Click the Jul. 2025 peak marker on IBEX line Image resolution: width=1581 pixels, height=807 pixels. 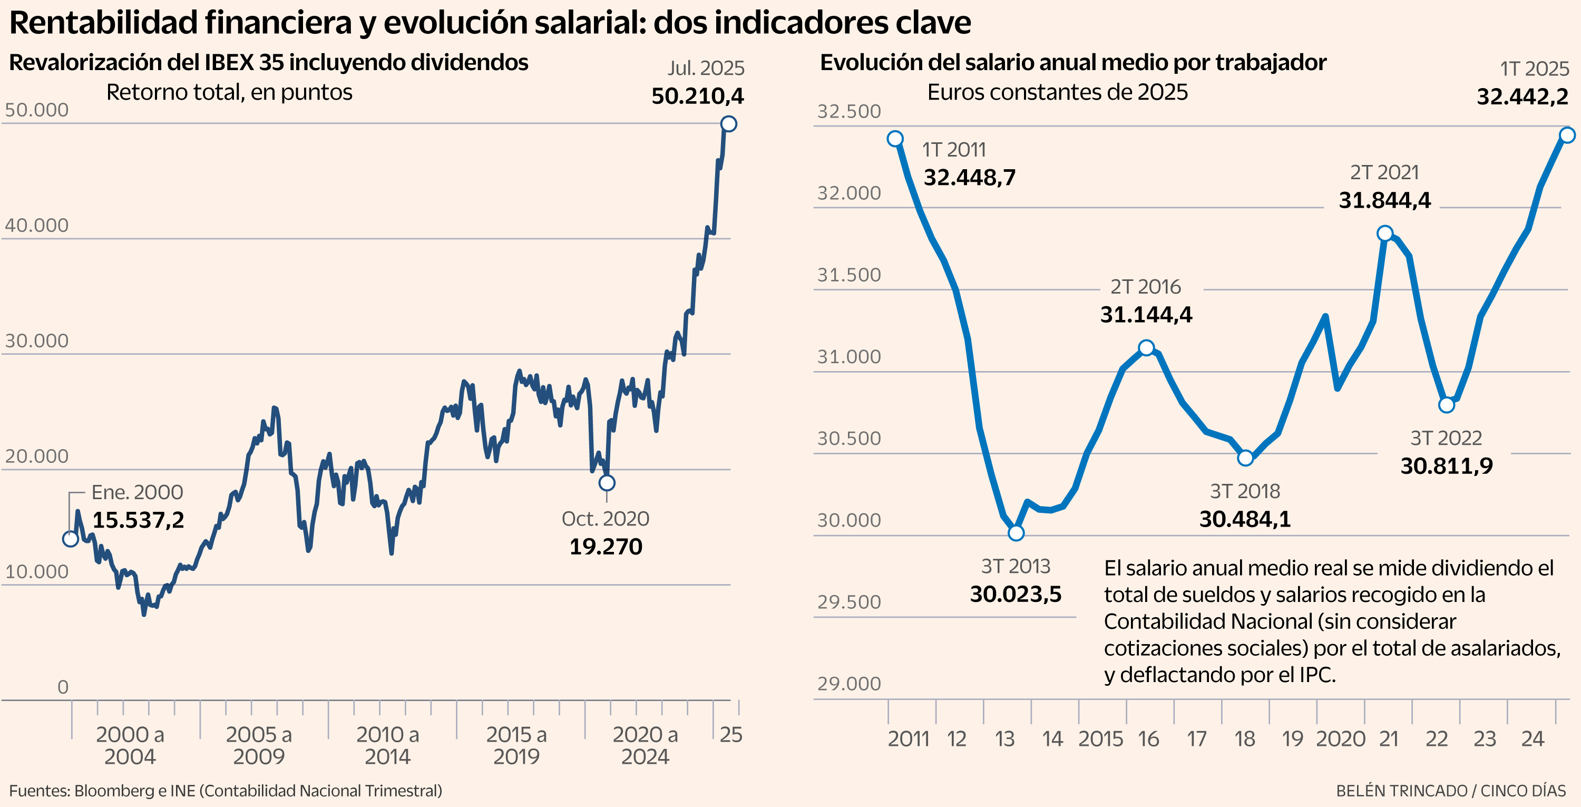[x=728, y=124]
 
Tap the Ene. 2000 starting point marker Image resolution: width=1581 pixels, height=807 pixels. [x=71, y=539]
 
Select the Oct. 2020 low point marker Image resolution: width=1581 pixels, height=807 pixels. [x=607, y=483]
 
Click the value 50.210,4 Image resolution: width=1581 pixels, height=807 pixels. [x=697, y=96]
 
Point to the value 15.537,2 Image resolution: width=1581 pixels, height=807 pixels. [x=138, y=520]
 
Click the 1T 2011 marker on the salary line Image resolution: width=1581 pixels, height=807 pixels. [x=895, y=139]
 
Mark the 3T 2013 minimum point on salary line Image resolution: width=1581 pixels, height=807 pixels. [x=1017, y=533]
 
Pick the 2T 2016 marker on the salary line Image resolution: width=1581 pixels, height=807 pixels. [x=1146, y=348]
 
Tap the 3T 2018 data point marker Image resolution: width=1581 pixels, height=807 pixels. [x=1245, y=458]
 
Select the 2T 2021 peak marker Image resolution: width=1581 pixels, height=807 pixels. [x=1384, y=233]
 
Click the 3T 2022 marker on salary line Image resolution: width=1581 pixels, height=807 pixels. [x=1447, y=405]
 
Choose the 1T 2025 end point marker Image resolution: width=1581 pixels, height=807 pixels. [x=1567, y=135]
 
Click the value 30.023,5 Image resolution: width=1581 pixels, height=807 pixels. [x=1016, y=594]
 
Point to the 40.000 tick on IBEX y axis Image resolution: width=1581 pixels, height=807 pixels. [x=37, y=225]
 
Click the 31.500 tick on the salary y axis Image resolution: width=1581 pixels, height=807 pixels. [x=849, y=275]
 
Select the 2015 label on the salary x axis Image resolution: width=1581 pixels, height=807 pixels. [x=1100, y=739]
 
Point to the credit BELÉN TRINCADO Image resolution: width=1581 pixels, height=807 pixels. [x=1401, y=791]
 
